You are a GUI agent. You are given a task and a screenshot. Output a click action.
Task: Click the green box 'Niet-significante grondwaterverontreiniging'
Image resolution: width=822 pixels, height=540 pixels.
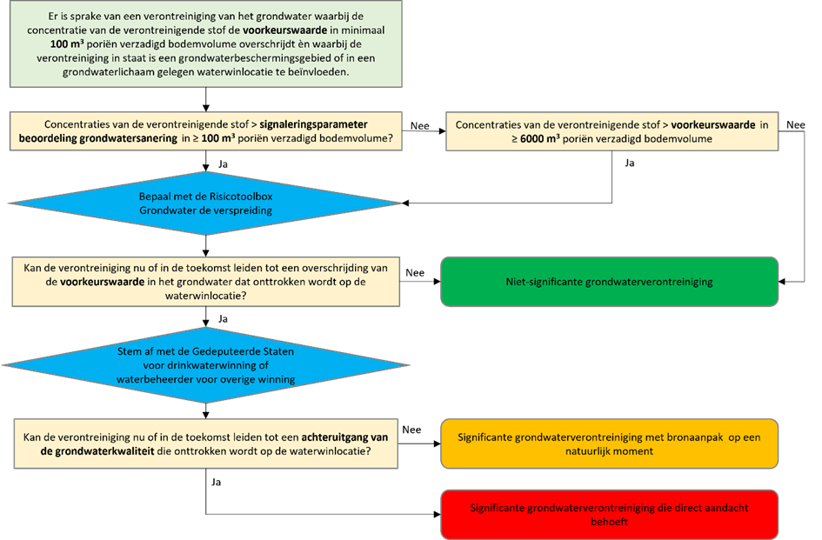(610, 282)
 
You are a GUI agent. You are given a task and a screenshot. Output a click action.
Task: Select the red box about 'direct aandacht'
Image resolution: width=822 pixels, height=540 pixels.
(610, 515)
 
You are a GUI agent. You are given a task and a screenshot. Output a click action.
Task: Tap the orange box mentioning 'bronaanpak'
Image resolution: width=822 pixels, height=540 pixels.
(610, 444)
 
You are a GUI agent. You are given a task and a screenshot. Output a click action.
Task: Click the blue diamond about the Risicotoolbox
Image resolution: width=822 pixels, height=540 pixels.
(205, 203)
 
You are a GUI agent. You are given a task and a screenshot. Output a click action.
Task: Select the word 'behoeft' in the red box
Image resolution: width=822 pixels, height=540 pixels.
(609, 523)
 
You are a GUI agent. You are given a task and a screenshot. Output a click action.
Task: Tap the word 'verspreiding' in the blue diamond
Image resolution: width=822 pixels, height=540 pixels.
(242, 210)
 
